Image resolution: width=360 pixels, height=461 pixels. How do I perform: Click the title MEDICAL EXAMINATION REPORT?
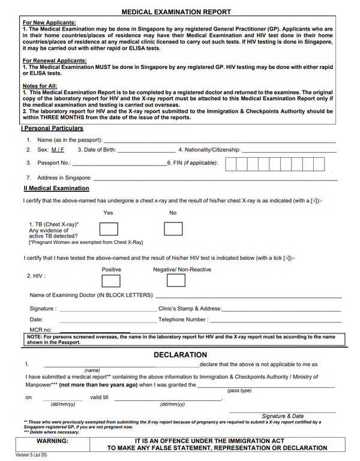[176, 12]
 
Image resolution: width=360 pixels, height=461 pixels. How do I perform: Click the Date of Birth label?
[101, 149]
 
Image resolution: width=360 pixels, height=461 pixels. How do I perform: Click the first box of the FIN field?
[231, 164]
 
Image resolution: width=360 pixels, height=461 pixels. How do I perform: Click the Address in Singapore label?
[64, 178]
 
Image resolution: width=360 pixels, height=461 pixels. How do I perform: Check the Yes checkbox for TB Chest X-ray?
[108, 228]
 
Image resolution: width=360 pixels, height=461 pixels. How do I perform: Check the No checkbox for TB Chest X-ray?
[173, 228]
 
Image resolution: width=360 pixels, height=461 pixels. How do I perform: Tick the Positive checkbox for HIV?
[111, 280]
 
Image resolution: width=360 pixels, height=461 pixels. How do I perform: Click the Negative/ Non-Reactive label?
[182, 270]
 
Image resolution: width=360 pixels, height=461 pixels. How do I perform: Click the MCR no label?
[41, 330]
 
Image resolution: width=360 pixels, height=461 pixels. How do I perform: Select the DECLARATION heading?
[180, 355]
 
